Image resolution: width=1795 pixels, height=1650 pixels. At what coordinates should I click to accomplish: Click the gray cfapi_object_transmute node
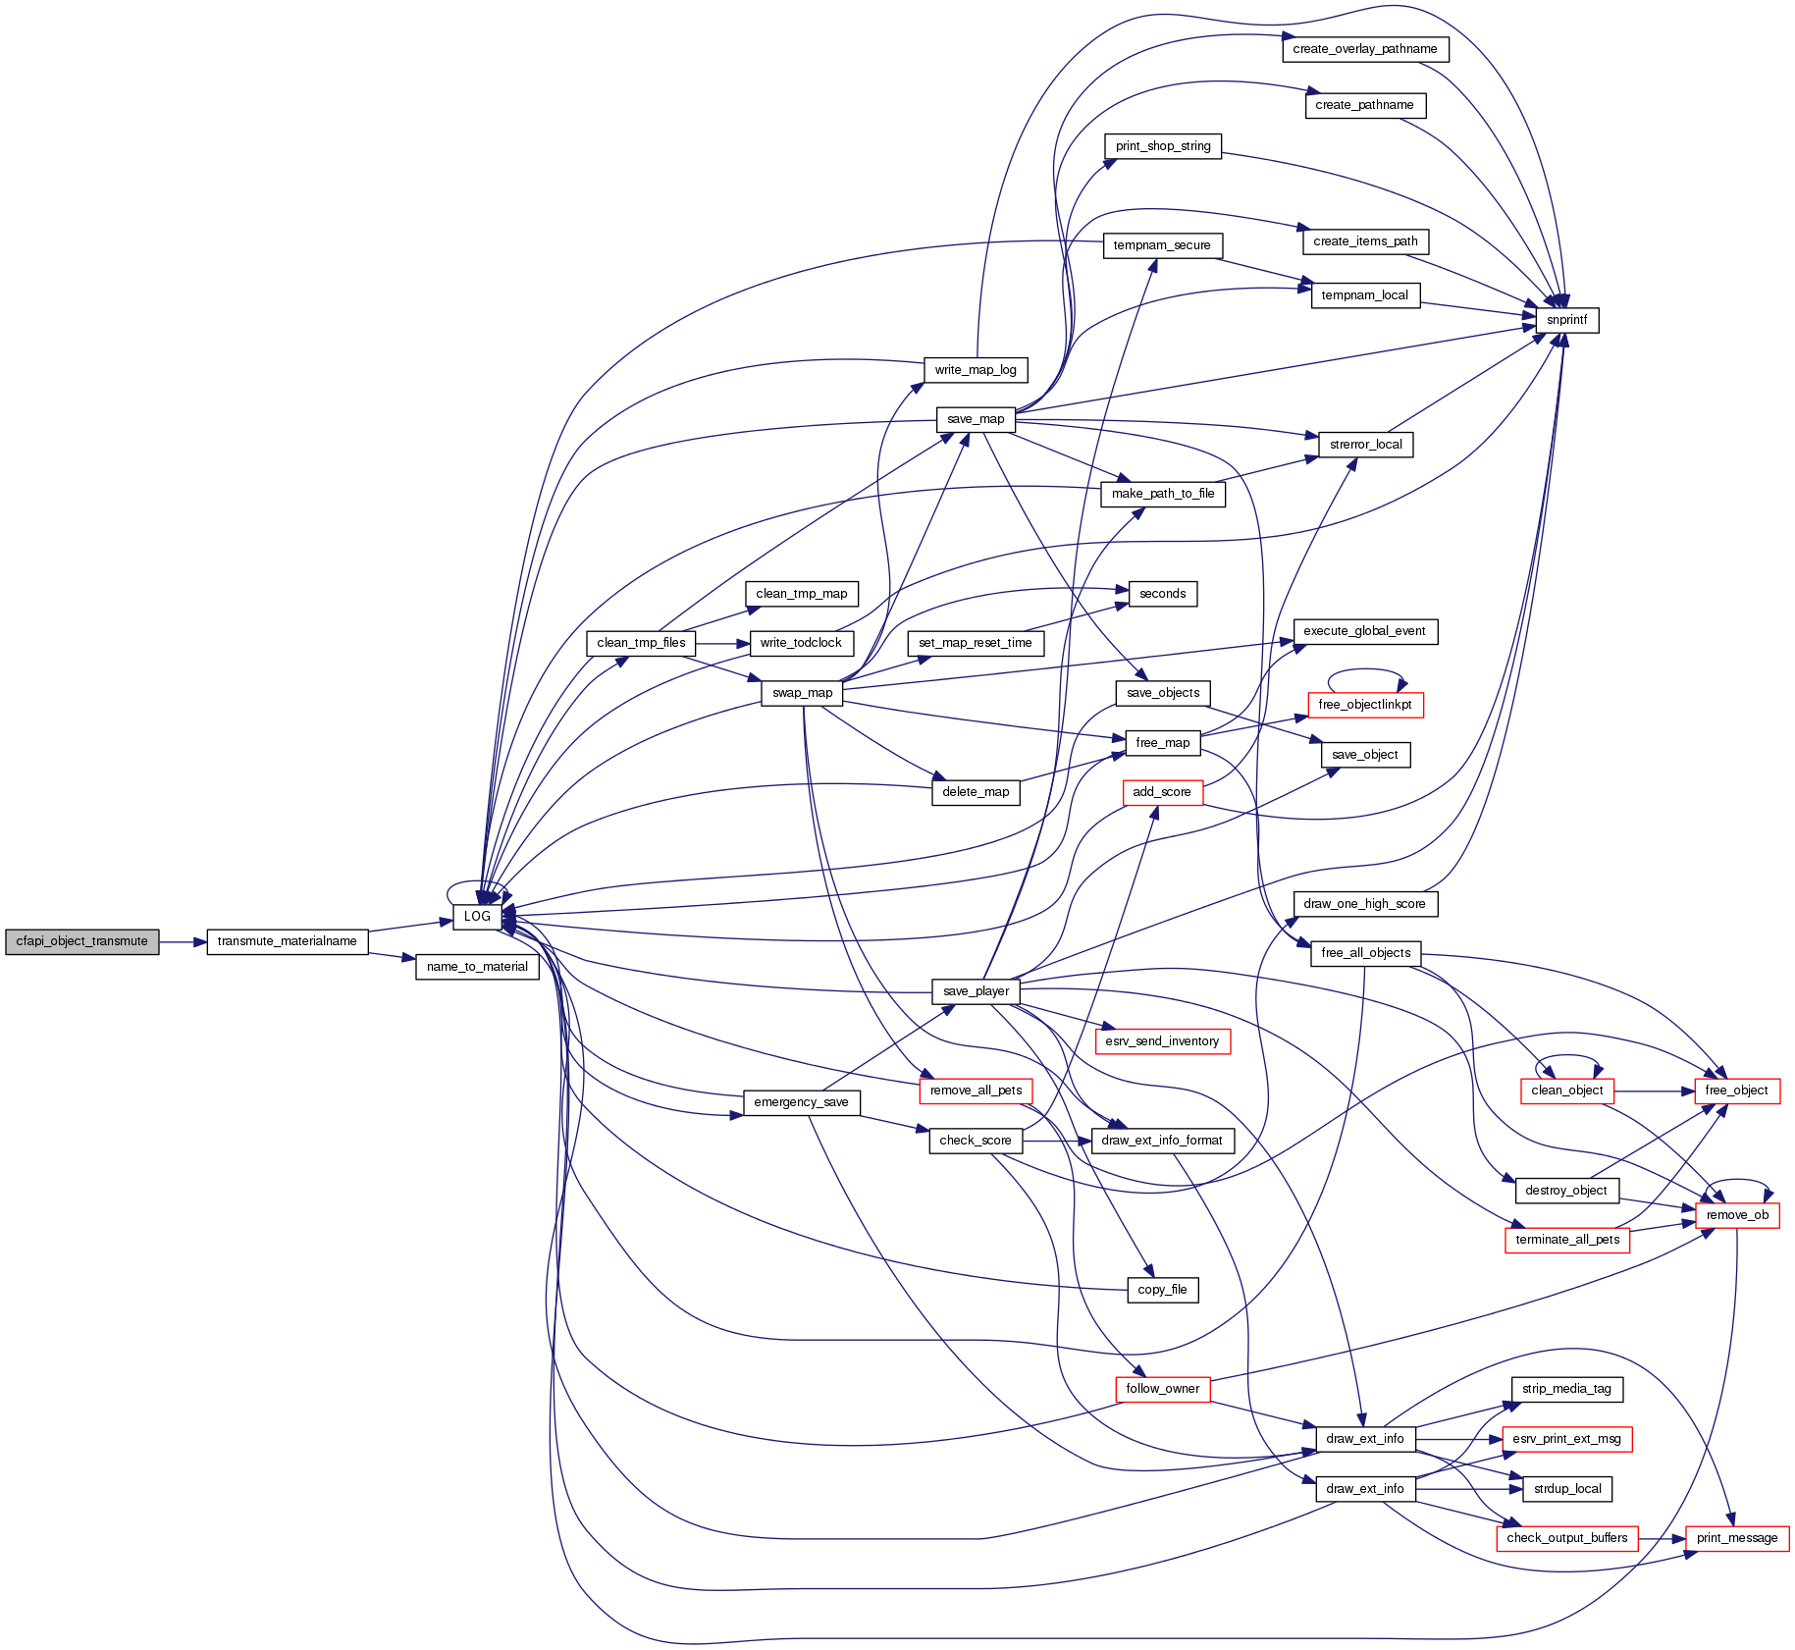[81, 941]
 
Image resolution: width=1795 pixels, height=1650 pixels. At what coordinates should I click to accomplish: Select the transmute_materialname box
[287, 941]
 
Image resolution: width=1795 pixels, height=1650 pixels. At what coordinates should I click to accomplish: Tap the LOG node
[477, 917]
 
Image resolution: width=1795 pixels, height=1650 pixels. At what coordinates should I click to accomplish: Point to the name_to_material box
[477, 967]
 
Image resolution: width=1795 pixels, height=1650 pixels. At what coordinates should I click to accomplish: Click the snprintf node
[1565, 320]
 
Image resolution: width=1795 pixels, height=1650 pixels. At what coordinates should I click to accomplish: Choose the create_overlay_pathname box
[1364, 49]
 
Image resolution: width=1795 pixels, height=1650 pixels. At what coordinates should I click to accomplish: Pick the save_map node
[976, 419]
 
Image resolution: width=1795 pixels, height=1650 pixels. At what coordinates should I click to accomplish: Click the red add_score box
[1162, 792]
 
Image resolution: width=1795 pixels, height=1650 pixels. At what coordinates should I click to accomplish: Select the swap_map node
[802, 693]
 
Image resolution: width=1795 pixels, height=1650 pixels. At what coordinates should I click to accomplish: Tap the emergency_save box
[801, 1102]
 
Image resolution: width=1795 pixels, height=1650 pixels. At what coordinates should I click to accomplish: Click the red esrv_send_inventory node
[1162, 1041]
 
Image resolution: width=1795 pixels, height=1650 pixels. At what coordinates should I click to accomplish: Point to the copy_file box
[1162, 1290]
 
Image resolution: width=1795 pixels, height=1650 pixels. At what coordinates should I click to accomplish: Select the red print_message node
[1737, 1538]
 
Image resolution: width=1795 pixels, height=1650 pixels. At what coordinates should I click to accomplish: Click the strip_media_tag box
[1566, 1389]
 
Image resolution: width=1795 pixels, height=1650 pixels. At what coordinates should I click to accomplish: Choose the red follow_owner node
[1162, 1389]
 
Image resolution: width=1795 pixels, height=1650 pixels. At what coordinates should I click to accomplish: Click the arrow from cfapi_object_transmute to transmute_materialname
[182, 942]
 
